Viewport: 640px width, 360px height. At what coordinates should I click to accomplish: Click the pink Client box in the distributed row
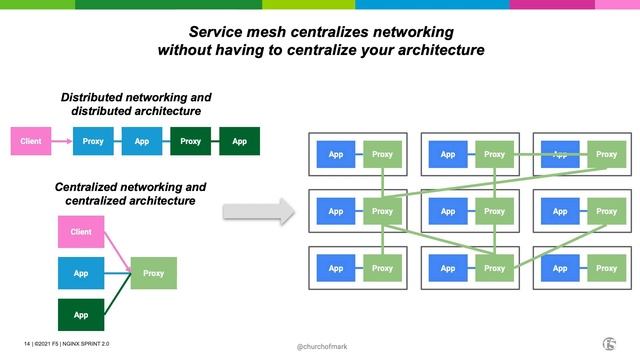(x=32, y=141)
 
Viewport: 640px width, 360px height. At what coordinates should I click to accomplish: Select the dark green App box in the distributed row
(x=239, y=141)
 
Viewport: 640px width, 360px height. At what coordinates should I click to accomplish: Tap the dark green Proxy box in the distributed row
(x=190, y=141)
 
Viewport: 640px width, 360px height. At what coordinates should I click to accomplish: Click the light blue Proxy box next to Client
(x=93, y=141)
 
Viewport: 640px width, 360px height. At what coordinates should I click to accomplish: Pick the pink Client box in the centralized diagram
(x=80, y=232)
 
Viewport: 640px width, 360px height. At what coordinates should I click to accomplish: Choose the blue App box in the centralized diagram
(x=80, y=273)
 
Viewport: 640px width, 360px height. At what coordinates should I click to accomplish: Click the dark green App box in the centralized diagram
(x=80, y=313)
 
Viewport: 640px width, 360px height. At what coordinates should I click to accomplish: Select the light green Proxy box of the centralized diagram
(x=153, y=273)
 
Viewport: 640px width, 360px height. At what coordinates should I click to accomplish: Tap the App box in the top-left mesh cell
(x=336, y=154)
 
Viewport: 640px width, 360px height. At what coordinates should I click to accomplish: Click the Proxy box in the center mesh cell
(x=494, y=211)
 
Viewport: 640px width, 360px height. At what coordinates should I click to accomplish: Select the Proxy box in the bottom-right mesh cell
(x=606, y=268)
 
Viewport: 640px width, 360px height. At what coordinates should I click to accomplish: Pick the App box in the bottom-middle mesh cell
(x=448, y=268)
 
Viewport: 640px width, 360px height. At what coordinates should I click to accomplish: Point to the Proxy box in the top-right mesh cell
(x=606, y=154)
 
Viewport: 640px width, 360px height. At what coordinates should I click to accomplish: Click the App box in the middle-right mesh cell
(x=560, y=211)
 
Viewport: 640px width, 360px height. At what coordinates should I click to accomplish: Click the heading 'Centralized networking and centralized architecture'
(x=130, y=194)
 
